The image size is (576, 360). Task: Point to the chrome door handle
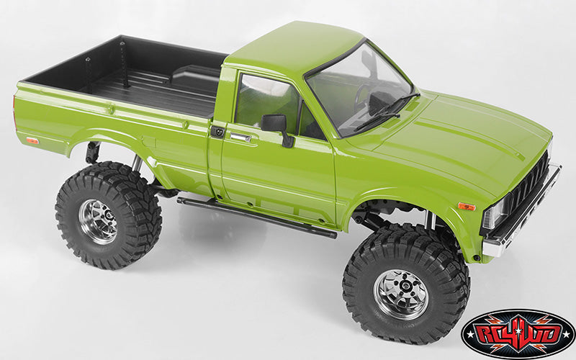pyautogui.click(x=240, y=137)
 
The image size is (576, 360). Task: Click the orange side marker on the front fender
pyautogui.click(x=467, y=207)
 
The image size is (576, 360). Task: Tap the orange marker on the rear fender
pyautogui.click(x=32, y=140)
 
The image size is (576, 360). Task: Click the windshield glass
pyautogui.click(x=360, y=86)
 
